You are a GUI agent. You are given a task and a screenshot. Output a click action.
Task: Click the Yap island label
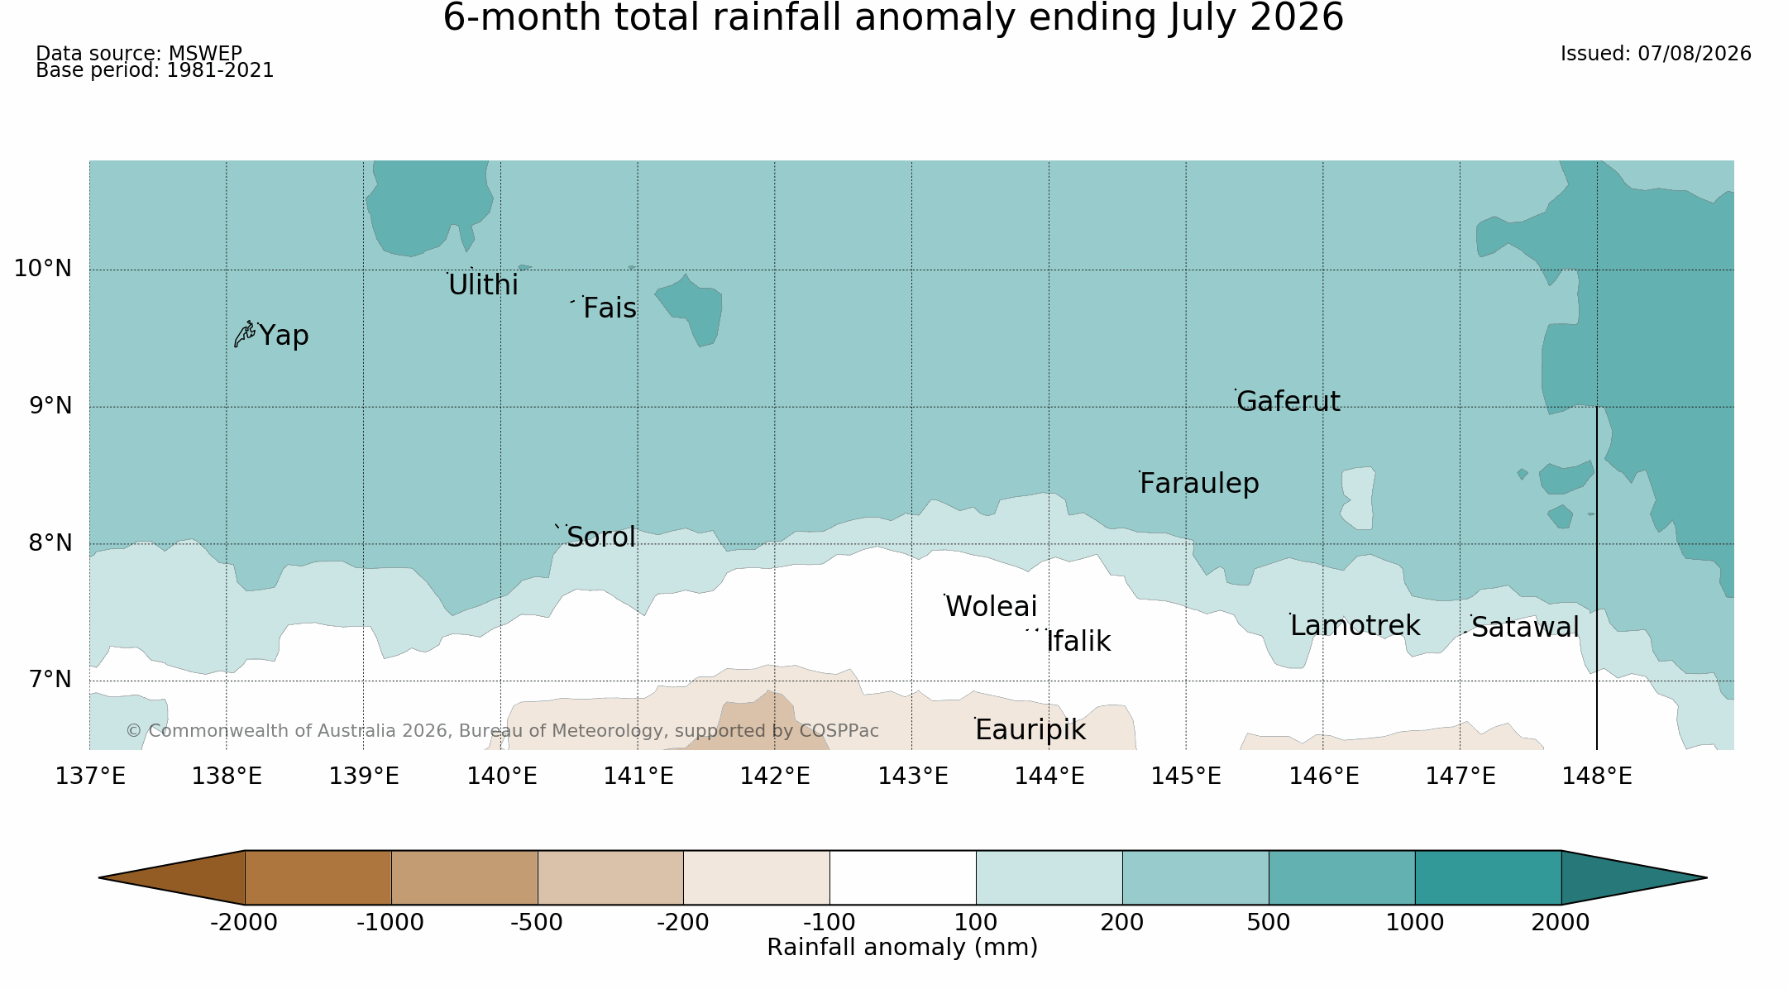click(x=284, y=336)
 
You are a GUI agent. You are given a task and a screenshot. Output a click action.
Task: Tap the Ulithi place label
click(x=483, y=285)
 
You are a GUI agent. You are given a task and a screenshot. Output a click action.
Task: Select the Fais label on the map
click(x=610, y=308)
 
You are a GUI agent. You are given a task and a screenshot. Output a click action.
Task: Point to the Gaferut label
click(x=1288, y=402)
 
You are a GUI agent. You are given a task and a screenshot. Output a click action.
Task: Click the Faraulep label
click(x=1199, y=484)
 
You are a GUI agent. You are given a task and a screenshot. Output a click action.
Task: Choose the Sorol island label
click(x=601, y=537)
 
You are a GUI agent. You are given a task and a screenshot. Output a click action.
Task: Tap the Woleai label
click(x=991, y=607)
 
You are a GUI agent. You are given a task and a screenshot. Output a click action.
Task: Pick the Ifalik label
click(x=1078, y=642)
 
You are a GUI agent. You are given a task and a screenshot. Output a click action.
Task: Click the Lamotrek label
click(x=1355, y=626)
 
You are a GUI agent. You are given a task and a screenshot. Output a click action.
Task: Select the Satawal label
click(x=1525, y=628)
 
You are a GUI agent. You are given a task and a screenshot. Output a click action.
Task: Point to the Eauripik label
click(x=1030, y=730)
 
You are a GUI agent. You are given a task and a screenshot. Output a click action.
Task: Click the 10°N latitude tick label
click(x=43, y=269)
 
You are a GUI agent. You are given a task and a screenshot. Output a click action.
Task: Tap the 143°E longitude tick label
click(x=913, y=776)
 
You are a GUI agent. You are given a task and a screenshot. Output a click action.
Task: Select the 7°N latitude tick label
click(x=50, y=680)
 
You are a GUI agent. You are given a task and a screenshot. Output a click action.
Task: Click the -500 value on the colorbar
click(x=537, y=923)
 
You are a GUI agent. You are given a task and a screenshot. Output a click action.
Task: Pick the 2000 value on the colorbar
click(x=1561, y=923)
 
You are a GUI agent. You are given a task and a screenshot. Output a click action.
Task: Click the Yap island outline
click(x=244, y=334)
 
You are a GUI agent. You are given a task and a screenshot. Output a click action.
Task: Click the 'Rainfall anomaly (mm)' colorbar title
click(x=902, y=948)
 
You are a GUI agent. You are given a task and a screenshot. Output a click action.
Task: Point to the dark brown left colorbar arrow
click(x=172, y=877)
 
